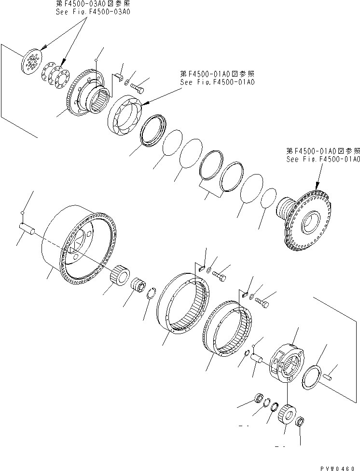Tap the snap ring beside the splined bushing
coord(152,293)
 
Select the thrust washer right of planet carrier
coord(313,375)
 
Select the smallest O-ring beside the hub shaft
coord(268,199)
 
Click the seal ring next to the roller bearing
coord(153,130)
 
